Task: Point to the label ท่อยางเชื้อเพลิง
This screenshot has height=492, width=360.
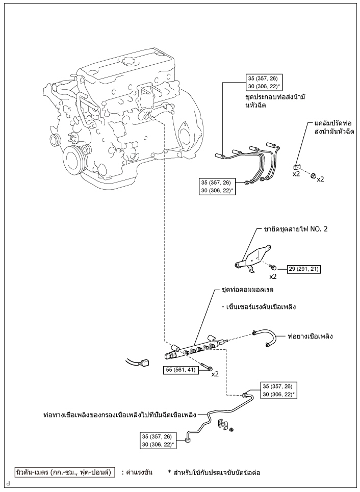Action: point(310,336)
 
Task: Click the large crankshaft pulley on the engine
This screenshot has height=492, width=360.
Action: point(75,160)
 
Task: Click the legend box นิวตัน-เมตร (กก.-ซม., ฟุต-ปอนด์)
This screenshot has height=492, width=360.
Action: point(65,472)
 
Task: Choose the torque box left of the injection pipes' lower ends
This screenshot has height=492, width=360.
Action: point(217,187)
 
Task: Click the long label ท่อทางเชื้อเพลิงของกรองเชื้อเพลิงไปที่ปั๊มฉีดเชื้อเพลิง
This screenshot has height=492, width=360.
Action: point(120,415)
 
